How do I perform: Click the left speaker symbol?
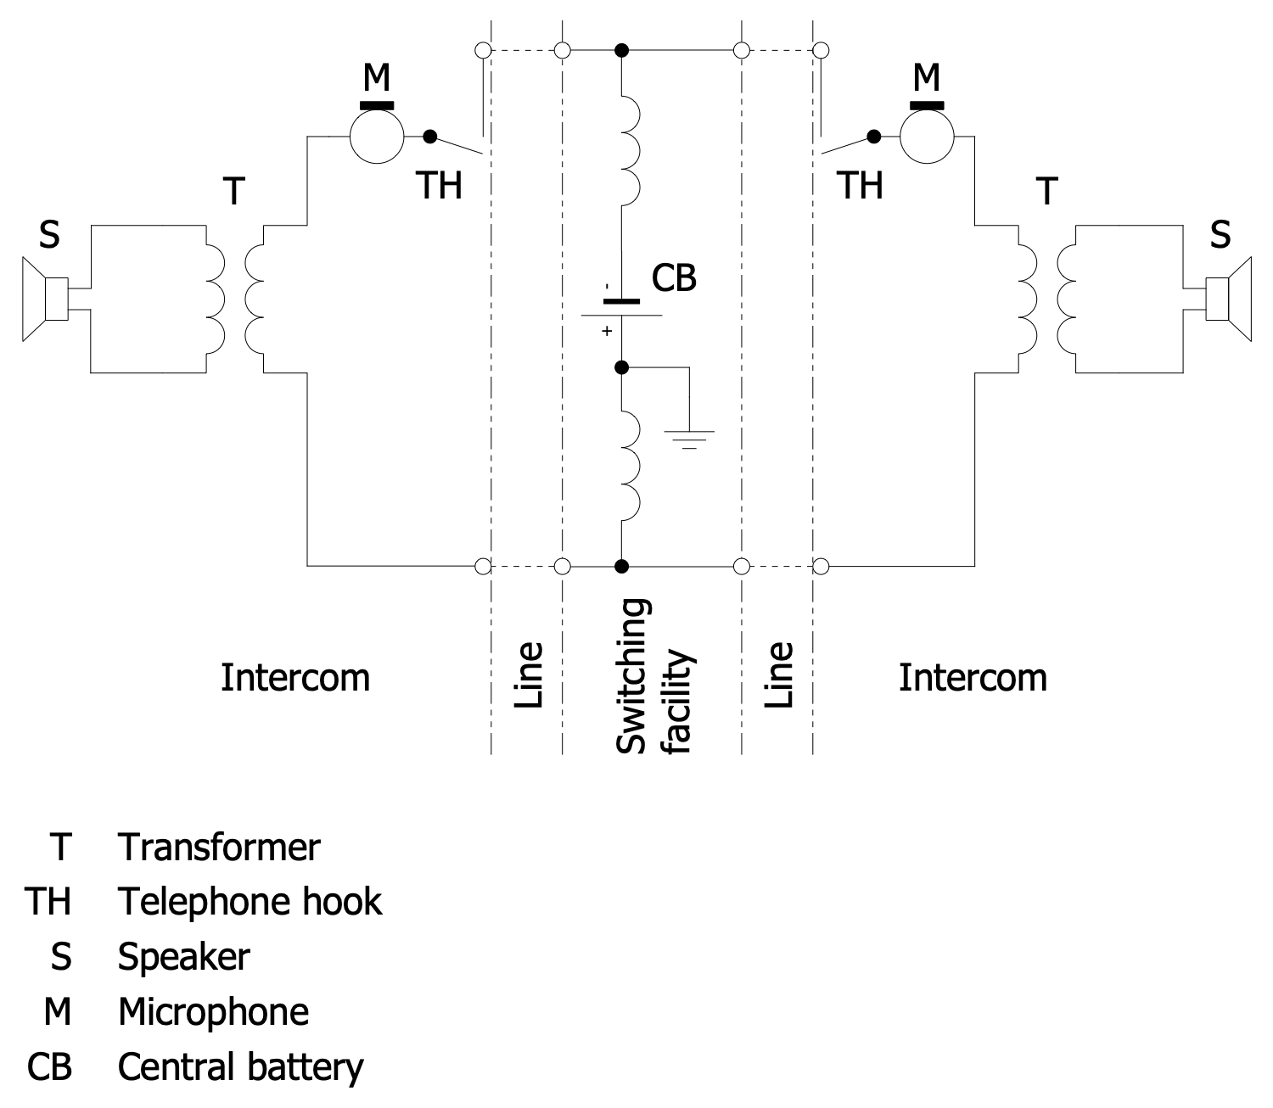click(x=45, y=299)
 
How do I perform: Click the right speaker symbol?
click(x=1229, y=299)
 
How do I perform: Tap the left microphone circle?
click(x=377, y=136)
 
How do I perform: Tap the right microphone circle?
click(x=927, y=136)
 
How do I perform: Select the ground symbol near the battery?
click(x=689, y=438)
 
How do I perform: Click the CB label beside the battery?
click(x=674, y=278)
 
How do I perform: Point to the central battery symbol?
click(x=621, y=308)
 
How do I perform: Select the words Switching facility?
click(x=654, y=676)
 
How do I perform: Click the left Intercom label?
click(x=295, y=678)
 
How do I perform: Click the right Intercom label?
click(x=973, y=678)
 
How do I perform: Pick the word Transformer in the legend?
click(x=219, y=847)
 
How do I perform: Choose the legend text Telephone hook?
click(x=250, y=901)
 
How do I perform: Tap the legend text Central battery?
click(x=240, y=1067)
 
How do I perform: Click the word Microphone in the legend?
click(x=213, y=1011)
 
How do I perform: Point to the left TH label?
click(x=439, y=185)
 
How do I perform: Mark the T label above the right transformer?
click(x=1047, y=192)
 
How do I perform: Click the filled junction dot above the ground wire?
click(x=621, y=367)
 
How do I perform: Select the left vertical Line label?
click(x=528, y=675)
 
